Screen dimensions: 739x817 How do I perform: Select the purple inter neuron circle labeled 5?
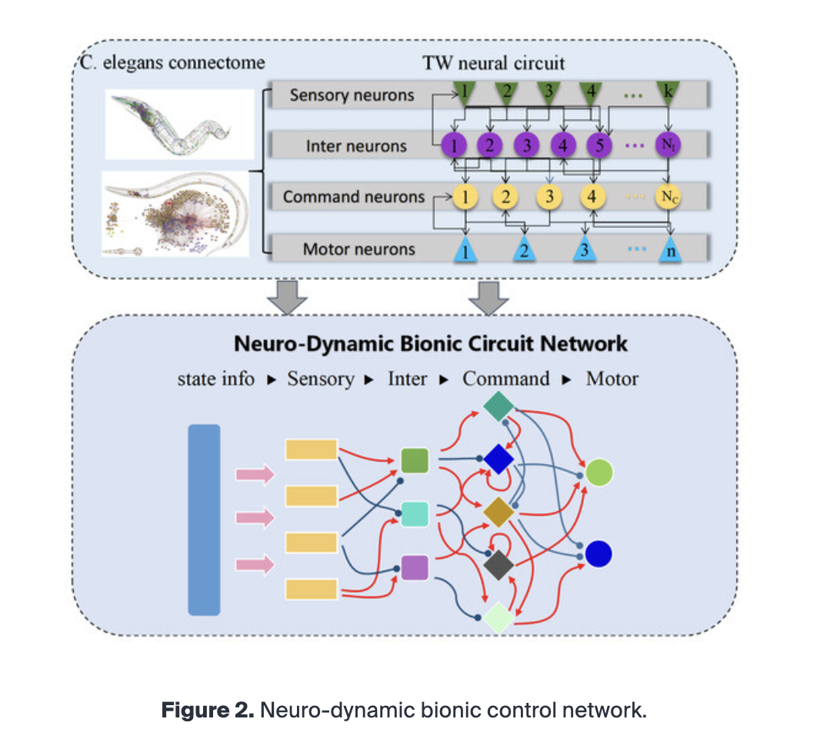tap(599, 144)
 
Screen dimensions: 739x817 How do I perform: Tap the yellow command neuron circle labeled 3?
tap(549, 196)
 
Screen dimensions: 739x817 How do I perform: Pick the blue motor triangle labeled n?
tap(669, 250)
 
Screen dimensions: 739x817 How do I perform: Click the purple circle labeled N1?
tap(667, 144)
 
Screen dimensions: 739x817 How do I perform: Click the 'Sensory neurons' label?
tap(352, 95)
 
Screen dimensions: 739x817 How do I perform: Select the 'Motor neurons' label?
tap(358, 249)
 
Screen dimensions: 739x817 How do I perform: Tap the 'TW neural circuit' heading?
tap(493, 63)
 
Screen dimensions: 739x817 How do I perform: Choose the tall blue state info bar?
tap(204, 520)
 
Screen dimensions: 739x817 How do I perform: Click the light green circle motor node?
tap(599, 472)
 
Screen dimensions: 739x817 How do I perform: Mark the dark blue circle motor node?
tap(599, 553)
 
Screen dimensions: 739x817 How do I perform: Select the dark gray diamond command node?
tap(499, 566)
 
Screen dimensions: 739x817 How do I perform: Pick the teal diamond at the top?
tap(499, 406)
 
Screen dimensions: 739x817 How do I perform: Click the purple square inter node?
tap(415, 568)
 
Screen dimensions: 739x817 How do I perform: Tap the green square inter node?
tap(415, 460)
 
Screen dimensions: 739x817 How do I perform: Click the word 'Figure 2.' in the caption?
tap(206, 710)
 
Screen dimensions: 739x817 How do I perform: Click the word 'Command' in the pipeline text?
tap(505, 379)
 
